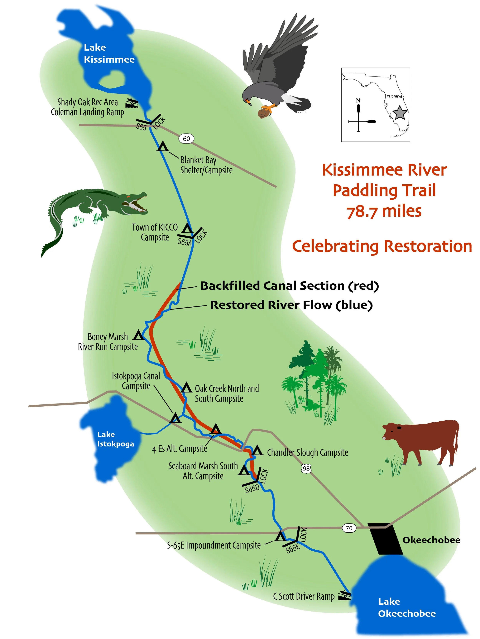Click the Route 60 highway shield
(186, 139)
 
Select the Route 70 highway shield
(349, 528)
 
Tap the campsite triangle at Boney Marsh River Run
(138, 336)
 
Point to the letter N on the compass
(358, 101)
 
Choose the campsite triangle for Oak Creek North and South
(186, 388)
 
